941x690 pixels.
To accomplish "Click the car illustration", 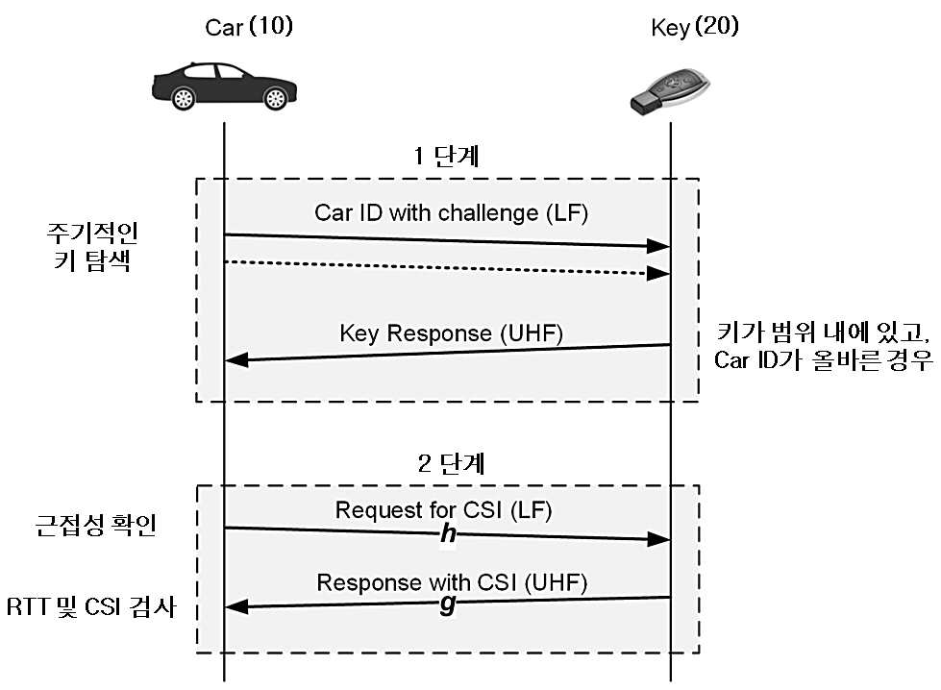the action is coord(224,86).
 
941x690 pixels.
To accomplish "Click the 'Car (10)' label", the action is coord(249,27).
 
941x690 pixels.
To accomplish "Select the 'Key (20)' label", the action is coord(694,27).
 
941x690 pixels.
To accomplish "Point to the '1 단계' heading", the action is coord(447,156).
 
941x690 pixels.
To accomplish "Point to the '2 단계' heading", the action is coord(451,463).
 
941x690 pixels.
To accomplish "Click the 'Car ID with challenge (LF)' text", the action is coord(452,213).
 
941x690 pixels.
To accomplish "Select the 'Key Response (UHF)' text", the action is coord(452,333).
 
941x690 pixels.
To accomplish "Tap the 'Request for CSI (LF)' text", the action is coord(443,510).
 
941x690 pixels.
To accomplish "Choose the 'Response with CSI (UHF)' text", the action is coord(452,582).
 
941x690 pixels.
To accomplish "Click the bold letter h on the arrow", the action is coord(448,533).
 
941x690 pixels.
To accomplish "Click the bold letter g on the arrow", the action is coord(448,604).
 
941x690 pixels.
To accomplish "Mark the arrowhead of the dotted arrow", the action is coord(657,274).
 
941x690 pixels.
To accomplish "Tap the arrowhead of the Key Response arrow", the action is coord(236,360).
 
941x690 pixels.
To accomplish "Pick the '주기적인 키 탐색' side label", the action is coord(92,247).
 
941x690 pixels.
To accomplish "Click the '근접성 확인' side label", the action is coord(96,525).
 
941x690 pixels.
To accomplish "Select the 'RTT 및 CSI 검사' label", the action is coord(92,606).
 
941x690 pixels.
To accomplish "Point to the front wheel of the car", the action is coord(276,98).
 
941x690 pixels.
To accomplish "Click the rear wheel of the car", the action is coord(183,98).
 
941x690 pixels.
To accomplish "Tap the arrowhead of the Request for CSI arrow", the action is coord(658,539).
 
